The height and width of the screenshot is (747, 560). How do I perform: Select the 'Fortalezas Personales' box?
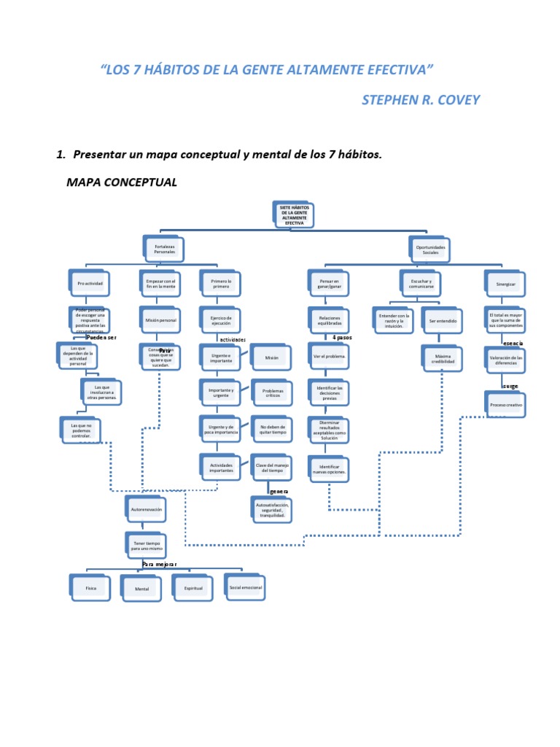[x=165, y=250]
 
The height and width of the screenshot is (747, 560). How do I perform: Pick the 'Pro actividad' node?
[x=90, y=283]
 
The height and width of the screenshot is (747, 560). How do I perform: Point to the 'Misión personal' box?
[x=160, y=320]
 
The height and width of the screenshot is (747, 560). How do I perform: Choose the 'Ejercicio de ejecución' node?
[x=221, y=320]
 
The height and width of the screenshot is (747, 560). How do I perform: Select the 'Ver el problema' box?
[x=330, y=357]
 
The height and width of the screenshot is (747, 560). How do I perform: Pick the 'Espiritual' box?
[x=193, y=587]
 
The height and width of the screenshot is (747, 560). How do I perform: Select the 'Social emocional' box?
[x=246, y=587]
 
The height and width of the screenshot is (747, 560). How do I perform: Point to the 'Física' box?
[x=91, y=587]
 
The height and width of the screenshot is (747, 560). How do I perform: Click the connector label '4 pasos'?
[x=343, y=338]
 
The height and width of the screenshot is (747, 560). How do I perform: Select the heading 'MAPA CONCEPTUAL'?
[x=122, y=182]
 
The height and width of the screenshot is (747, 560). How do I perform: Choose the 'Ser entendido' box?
[x=442, y=320]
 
